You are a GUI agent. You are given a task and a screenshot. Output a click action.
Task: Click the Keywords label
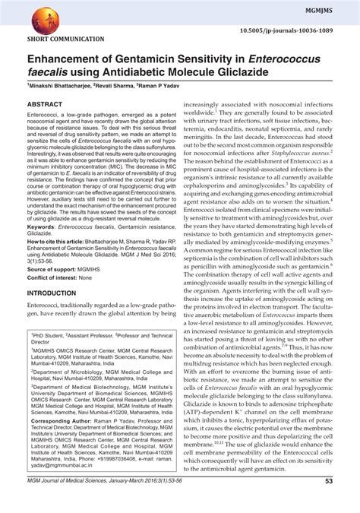[46, 227]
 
